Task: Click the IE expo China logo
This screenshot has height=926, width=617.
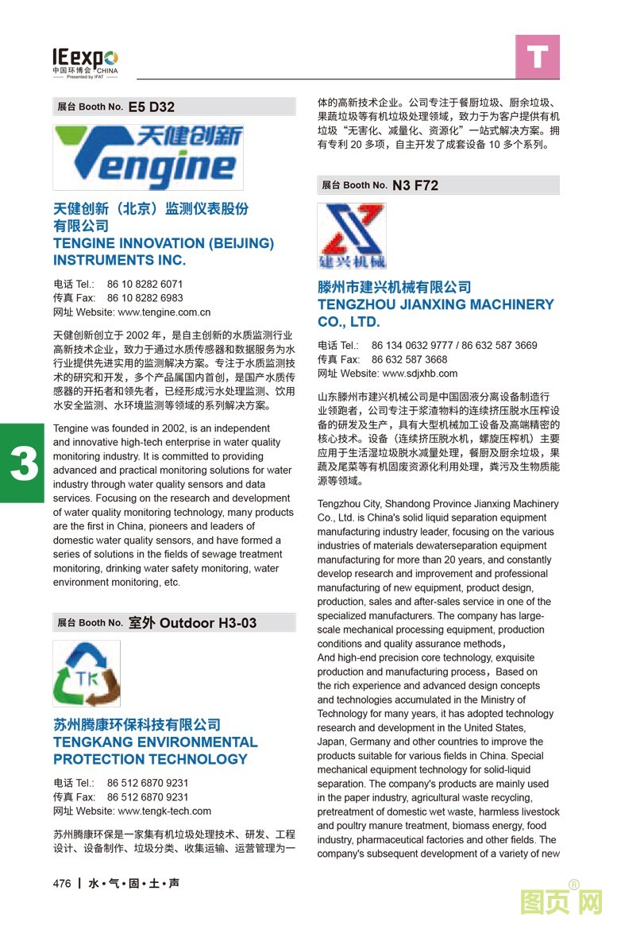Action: click(85, 61)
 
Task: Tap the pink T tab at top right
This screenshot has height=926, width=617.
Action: click(538, 57)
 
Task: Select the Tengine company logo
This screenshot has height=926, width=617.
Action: click(148, 156)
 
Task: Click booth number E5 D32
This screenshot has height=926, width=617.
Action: click(151, 107)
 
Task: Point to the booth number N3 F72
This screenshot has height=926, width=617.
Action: click(415, 185)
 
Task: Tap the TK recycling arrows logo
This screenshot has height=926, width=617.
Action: click(87, 673)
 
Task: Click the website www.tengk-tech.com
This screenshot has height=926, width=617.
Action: click(164, 812)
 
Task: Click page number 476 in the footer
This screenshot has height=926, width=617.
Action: click(62, 884)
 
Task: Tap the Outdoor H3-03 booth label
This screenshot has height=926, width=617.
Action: click(192, 623)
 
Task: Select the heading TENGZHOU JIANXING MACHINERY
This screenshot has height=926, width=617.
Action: click(435, 304)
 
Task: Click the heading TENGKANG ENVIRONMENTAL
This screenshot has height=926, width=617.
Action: click(155, 742)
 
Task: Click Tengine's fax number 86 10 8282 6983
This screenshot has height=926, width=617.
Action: click(145, 298)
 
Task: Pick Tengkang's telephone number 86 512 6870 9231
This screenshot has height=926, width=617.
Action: click(148, 783)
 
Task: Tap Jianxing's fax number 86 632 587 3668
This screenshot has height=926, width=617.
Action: click(409, 359)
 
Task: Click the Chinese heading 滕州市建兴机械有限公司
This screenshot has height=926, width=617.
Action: click(394, 287)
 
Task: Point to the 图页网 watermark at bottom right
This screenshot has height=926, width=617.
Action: click(561, 903)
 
